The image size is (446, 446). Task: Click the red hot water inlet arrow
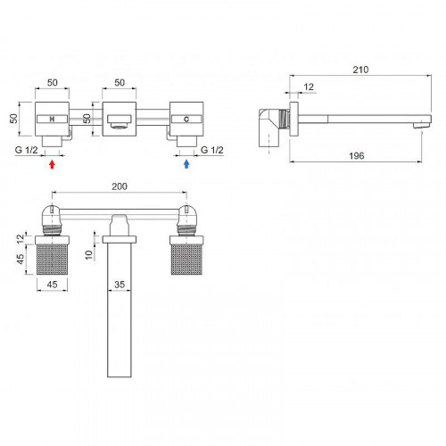pos(52,164)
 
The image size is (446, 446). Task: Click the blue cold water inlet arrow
pos(186,164)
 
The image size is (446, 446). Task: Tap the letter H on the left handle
pos(52,120)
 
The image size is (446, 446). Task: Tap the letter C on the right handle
pos(186,120)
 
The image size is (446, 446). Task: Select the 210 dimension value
pos(360,70)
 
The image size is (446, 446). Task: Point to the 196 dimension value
pos(357,155)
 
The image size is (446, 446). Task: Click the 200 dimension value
pos(120,186)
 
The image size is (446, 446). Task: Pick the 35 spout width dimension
pos(120,285)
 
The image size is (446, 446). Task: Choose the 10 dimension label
pos(89,255)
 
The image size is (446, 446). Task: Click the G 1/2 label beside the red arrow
pos(27,150)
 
